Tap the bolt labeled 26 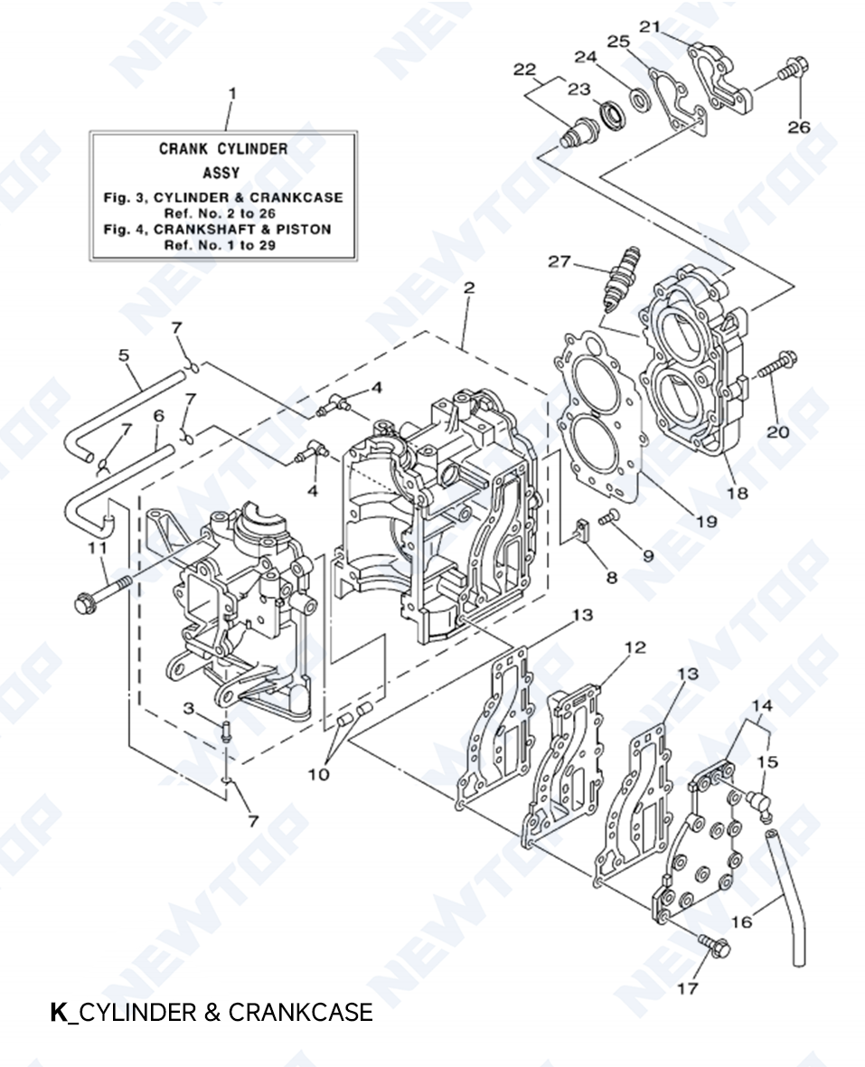point(793,69)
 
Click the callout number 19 point(706,521)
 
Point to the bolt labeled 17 point(715,947)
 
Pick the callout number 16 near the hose point(741,922)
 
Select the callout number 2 point(468,288)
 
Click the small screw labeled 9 point(609,516)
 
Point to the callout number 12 point(635,647)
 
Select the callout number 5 point(124,355)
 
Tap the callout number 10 point(318,774)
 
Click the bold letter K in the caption point(59,1012)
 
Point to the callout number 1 point(232,93)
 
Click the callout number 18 point(738,493)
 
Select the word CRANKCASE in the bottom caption point(300,1012)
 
